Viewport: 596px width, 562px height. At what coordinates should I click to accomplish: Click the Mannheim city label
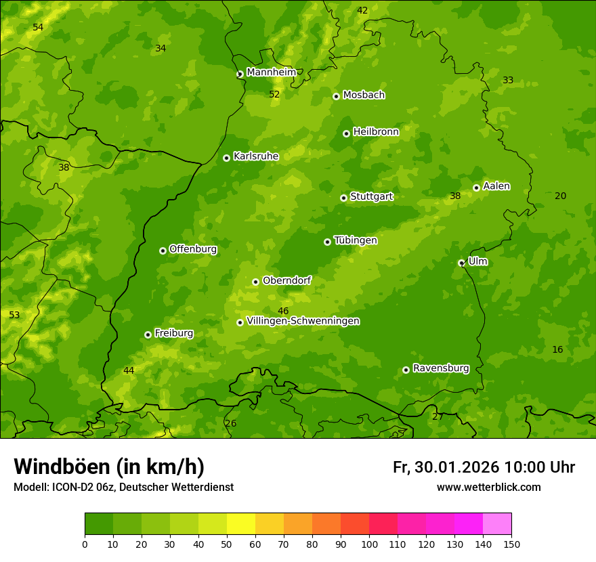click(271, 72)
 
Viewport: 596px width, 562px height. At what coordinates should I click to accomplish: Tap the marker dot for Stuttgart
click(343, 198)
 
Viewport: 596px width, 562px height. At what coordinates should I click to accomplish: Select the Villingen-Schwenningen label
click(303, 321)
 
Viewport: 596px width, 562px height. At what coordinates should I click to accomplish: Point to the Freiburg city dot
click(148, 334)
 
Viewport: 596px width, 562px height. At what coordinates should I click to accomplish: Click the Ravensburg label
click(441, 368)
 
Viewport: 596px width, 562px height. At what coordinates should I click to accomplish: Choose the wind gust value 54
click(38, 27)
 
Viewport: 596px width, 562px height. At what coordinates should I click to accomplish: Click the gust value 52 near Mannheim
click(274, 95)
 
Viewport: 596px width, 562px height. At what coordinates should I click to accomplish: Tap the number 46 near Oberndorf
click(283, 311)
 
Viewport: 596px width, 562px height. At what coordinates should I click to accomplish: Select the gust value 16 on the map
click(557, 349)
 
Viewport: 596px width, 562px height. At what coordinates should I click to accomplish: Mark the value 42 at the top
click(362, 10)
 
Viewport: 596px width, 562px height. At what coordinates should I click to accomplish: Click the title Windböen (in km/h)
click(109, 467)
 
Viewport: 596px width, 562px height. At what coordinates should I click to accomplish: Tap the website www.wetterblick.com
click(488, 488)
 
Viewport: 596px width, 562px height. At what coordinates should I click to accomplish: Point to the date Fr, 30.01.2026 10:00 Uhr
click(484, 467)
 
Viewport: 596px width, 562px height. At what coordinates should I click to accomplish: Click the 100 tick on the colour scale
click(369, 544)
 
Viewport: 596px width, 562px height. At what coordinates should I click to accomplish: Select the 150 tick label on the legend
click(511, 544)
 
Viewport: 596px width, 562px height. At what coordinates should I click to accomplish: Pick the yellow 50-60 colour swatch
click(241, 524)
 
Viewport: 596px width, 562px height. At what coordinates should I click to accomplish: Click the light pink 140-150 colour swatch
click(497, 524)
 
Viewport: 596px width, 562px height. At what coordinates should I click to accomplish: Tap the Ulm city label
click(477, 261)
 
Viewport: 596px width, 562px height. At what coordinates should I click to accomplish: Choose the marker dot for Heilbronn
click(346, 133)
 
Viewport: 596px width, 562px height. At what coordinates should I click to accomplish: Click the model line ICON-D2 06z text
click(123, 488)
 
